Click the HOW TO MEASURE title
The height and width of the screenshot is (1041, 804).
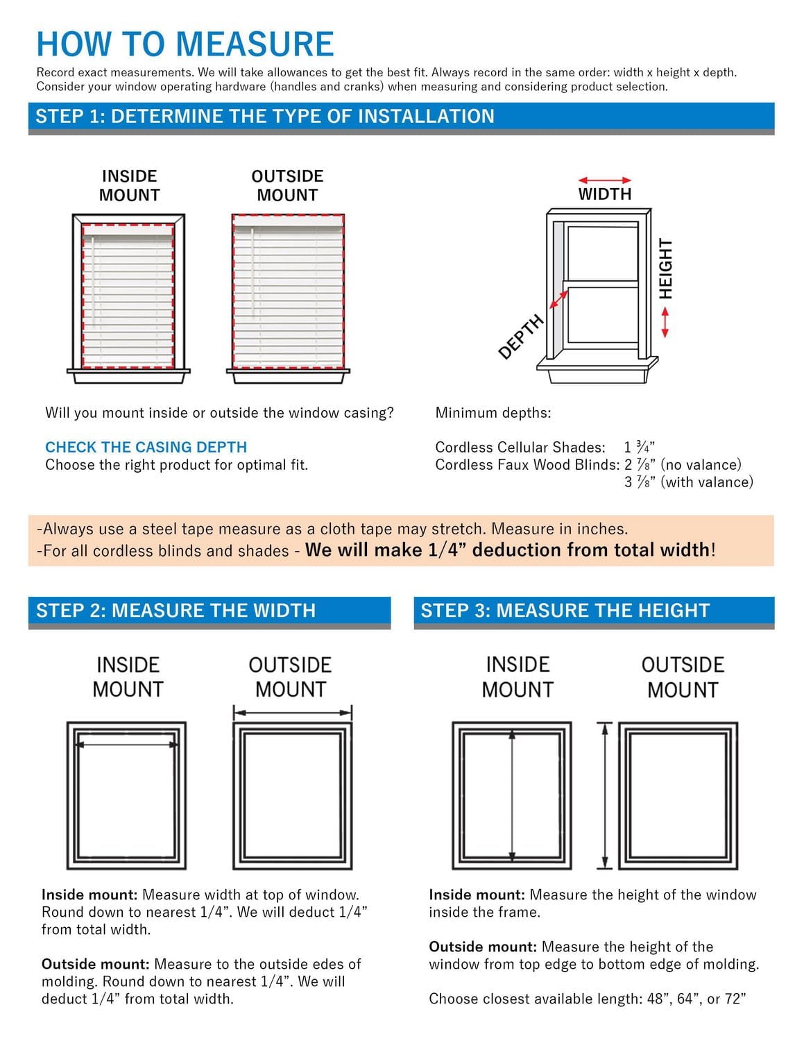[185, 44]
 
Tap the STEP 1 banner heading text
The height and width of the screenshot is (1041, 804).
[265, 116]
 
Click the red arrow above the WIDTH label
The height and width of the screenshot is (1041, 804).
[604, 180]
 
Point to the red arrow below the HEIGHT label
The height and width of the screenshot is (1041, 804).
[665, 322]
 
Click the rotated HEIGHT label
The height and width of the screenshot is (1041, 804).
[666, 269]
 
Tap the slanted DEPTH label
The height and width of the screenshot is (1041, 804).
[521, 337]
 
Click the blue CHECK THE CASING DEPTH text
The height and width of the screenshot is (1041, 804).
[146, 447]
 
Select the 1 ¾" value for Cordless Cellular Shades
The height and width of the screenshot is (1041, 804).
[640, 447]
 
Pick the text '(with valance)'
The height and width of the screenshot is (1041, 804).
[707, 482]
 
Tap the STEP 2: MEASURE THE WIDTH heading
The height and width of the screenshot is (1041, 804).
[176, 610]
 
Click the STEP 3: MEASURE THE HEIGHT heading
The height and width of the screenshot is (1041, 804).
[565, 610]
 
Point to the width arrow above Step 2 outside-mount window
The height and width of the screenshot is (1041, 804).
[293, 712]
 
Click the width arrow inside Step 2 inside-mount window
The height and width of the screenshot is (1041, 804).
[127, 745]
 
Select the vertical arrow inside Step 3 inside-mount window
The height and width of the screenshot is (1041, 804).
[512, 796]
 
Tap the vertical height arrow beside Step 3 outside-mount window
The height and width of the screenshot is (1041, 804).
[605, 796]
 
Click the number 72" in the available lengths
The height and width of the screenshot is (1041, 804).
[735, 999]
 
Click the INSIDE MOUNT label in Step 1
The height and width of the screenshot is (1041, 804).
[129, 185]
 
